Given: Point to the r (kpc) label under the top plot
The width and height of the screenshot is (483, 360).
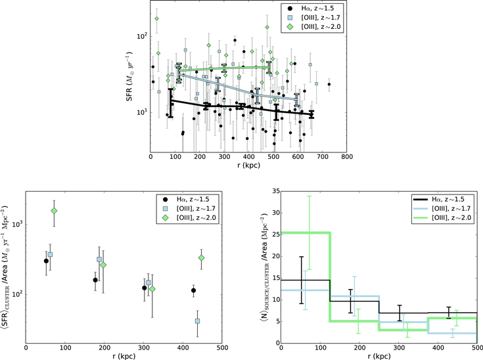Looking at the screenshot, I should tap(249, 166).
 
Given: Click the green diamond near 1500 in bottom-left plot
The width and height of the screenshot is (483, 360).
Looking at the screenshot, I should tap(54, 211).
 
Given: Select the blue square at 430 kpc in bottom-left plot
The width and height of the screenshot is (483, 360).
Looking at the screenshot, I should tap(197, 321).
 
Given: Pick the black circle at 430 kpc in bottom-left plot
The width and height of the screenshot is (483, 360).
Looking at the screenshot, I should tap(193, 290).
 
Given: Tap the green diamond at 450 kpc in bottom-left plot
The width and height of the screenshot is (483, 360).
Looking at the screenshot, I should tap(201, 258).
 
